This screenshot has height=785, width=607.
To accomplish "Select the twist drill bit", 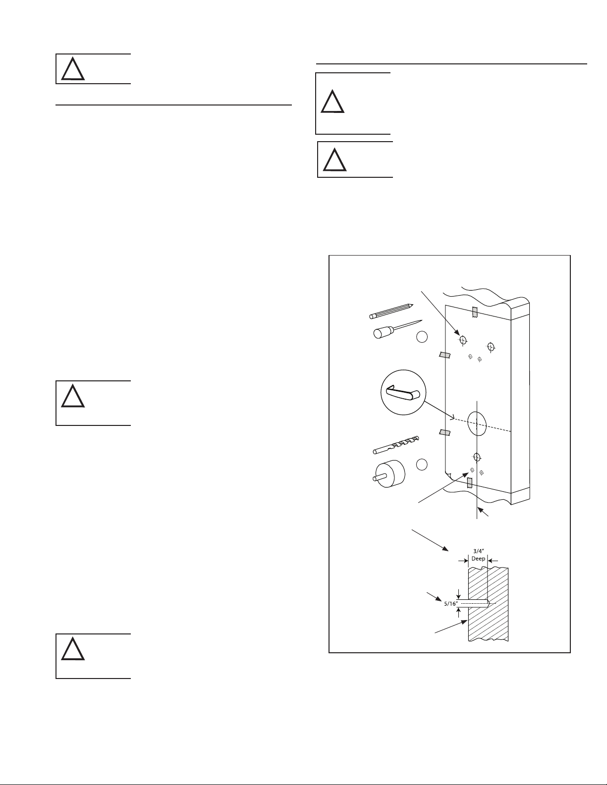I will point(395,444).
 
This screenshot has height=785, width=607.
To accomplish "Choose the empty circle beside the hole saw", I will point(422,465).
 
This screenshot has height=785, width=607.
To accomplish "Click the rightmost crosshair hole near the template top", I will point(491,346).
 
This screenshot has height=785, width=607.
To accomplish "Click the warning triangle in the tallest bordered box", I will point(332,103).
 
